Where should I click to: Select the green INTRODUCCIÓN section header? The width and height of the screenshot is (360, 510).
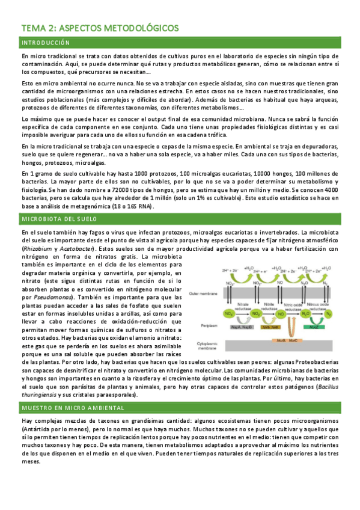46,43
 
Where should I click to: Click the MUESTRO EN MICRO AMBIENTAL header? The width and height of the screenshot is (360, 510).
65,408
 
